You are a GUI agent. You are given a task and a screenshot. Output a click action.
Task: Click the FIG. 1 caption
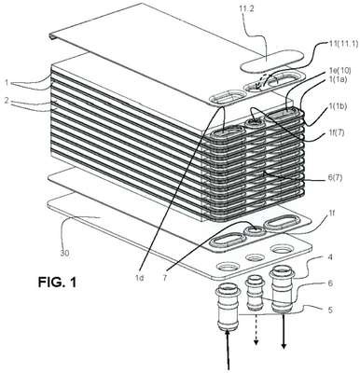click(57, 283)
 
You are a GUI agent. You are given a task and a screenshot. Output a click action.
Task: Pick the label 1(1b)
click(336, 106)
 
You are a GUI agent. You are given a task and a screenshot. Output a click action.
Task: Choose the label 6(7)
click(333, 179)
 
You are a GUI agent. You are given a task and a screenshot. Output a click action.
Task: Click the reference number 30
click(64, 254)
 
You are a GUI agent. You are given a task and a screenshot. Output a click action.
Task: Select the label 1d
click(140, 278)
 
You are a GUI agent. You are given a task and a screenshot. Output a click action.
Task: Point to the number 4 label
click(330, 257)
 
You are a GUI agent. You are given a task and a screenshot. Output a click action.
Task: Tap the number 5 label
click(330, 310)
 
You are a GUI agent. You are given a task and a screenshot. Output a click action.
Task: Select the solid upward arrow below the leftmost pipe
click(228, 350)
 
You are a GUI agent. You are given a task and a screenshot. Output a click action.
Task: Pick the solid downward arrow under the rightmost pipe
click(284, 331)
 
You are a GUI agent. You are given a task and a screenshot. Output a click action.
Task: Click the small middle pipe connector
click(256, 295)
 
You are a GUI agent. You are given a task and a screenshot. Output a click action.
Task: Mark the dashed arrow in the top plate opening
click(261, 82)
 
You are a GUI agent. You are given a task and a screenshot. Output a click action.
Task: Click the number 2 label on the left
click(7, 100)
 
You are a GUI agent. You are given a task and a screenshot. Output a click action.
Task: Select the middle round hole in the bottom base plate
click(255, 257)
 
